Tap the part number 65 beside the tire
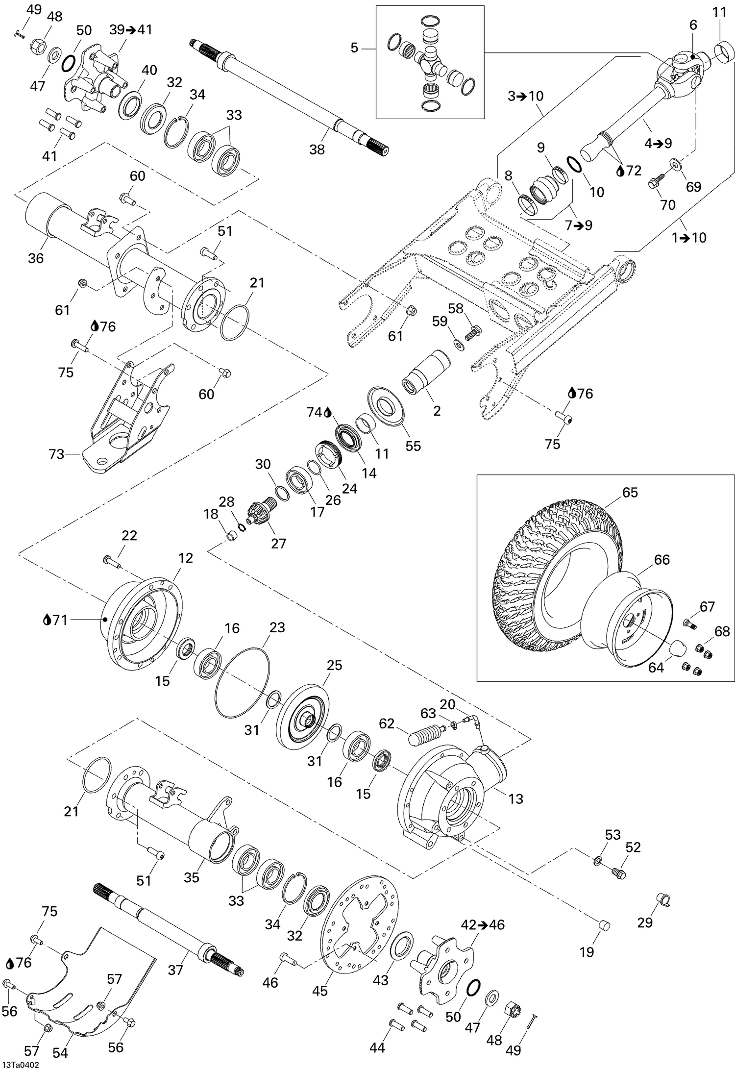point(630,492)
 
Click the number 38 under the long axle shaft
point(317,149)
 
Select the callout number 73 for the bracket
point(56,454)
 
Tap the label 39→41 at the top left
point(130,30)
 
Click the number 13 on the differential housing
point(515,798)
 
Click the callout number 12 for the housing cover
point(186,558)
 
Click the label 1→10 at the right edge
point(689,238)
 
